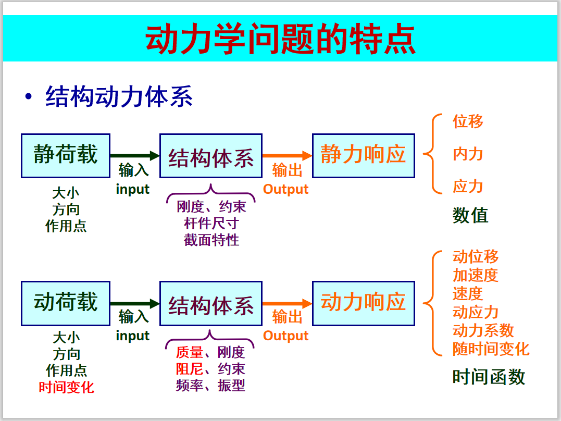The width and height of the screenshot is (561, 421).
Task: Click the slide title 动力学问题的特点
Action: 280,39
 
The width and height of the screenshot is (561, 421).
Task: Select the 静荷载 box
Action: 66,156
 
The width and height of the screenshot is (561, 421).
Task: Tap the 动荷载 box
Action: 66,304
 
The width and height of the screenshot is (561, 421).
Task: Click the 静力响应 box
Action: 364,156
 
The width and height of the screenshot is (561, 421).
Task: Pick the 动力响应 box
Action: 364,304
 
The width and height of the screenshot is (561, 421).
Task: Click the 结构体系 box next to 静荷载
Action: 211,156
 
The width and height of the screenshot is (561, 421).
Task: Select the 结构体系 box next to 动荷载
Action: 211,304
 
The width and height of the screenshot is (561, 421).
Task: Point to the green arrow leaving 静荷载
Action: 135,156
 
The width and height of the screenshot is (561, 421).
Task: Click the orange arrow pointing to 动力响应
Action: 288,304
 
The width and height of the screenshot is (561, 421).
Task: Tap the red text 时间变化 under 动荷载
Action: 66,387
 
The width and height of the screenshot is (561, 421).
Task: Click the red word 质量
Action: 189,353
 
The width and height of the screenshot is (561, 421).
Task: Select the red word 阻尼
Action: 189,369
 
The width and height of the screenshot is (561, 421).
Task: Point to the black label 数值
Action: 470,216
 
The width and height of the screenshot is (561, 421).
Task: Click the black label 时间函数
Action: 489,377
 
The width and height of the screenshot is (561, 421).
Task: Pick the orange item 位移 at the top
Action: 468,121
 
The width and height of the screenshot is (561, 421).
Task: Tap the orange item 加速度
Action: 476,275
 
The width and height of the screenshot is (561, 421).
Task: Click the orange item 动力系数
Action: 483,330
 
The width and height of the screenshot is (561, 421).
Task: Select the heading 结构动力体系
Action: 119,96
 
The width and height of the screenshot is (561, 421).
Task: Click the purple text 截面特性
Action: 211,240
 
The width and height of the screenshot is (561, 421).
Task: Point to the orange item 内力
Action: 468,154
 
